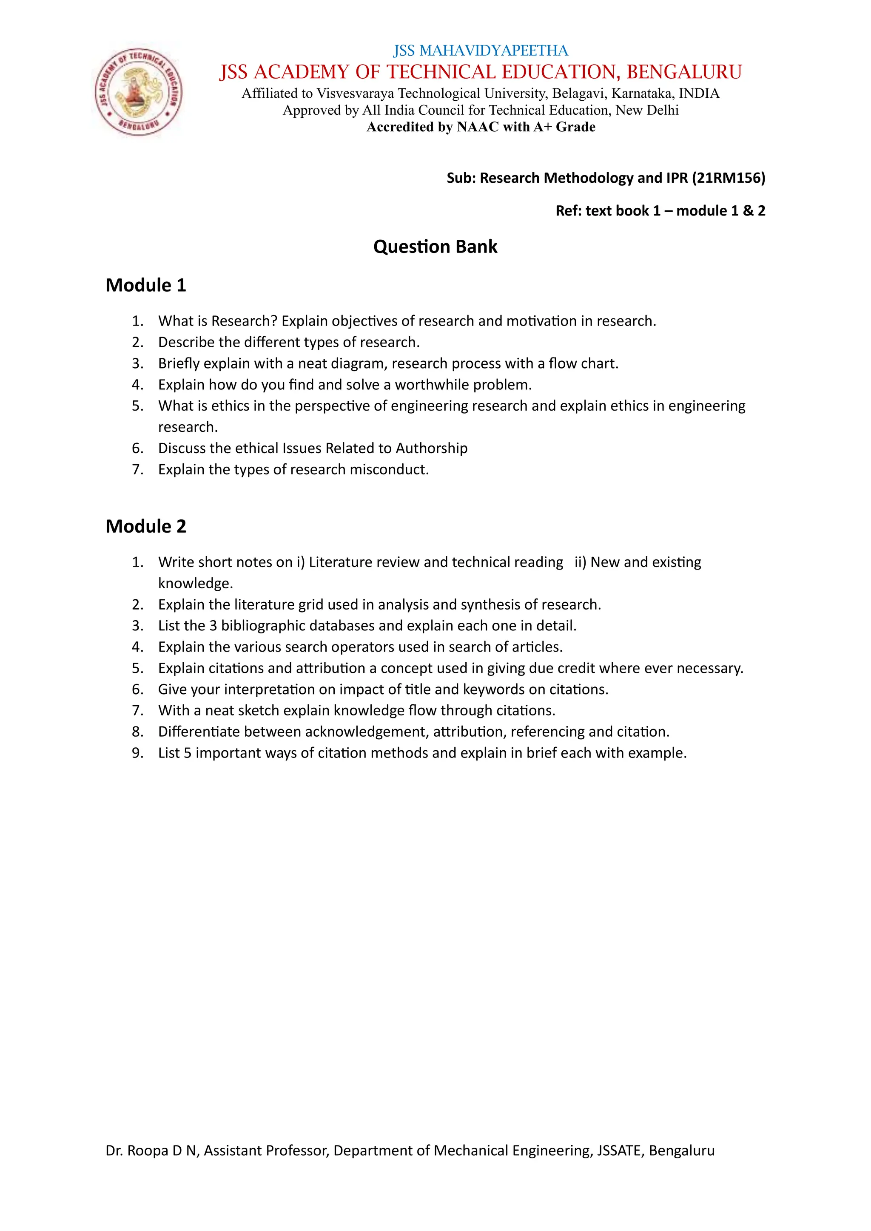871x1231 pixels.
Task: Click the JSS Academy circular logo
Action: click(x=138, y=92)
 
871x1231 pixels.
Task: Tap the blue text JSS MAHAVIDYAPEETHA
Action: click(x=481, y=51)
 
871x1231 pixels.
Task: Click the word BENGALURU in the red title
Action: click(x=684, y=72)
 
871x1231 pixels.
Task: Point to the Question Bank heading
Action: click(x=435, y=247)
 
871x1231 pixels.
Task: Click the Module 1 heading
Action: click(x=146, y=285)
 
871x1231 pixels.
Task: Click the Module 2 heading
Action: click(x=146, y=527)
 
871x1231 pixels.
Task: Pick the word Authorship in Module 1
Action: click(x=431, y=448)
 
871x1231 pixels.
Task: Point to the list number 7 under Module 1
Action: click(x=137, y=470)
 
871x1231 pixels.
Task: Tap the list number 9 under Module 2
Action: click(x=137, y=753)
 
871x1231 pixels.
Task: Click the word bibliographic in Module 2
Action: click(x=266, y=626)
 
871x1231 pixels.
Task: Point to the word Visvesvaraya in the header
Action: click(x=355, y=94)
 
